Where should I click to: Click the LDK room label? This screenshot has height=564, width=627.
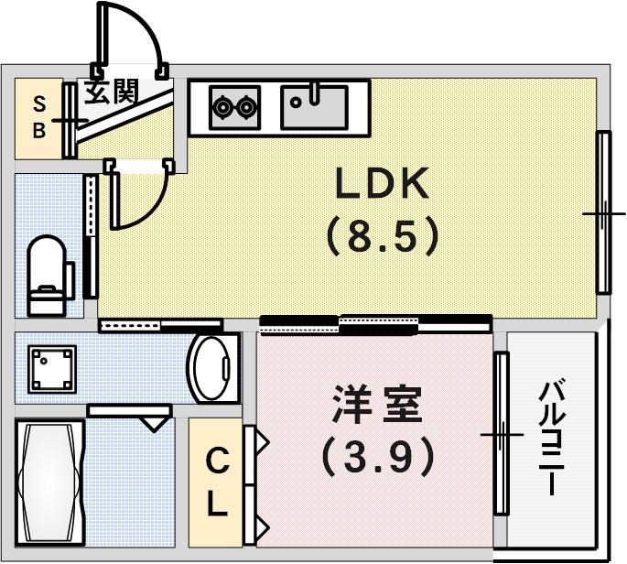pos(382,186)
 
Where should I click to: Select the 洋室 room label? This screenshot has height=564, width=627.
pos(377,406)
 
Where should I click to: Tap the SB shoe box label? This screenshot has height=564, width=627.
pos(38,116)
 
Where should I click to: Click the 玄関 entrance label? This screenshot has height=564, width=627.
pos(113,92)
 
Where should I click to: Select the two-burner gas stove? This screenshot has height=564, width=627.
pos(235,108)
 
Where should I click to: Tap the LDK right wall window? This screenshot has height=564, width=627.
pos(603,212)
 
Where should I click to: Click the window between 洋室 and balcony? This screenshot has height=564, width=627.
pos(500,433)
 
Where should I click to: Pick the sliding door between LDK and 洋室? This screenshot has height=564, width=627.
pos(375,321)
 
